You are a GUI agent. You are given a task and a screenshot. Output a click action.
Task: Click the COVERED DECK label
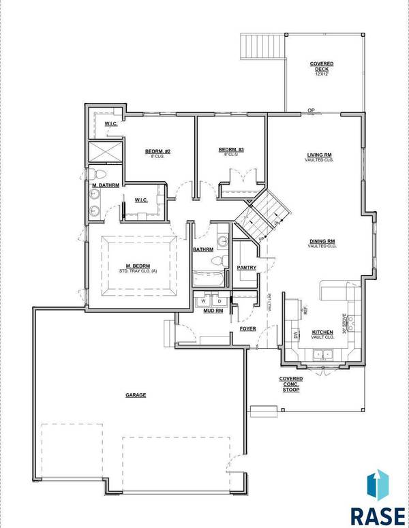click(x=316, y=67)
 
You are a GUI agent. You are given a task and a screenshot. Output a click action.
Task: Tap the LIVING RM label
click(x=318, y=156)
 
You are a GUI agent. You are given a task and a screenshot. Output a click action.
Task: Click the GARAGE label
click(x=136, y=394)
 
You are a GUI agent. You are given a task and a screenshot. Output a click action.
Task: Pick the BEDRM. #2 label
click(x=157, y=151)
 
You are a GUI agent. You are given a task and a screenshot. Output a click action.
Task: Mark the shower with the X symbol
click(x=105, y=151)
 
